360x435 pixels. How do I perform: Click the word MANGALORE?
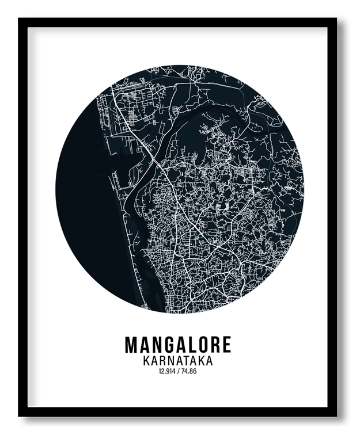pyautogui.click(x=178, y=345)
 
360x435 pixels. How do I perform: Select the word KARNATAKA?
pyautogui.click(x=178, y=361)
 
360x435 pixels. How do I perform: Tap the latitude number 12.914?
pyautogui.click(x=167, y=372)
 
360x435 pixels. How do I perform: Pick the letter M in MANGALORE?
pyautogui.click(x=132, y=345)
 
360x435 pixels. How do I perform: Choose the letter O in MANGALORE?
pyautogui.click(x=201, y=345)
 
